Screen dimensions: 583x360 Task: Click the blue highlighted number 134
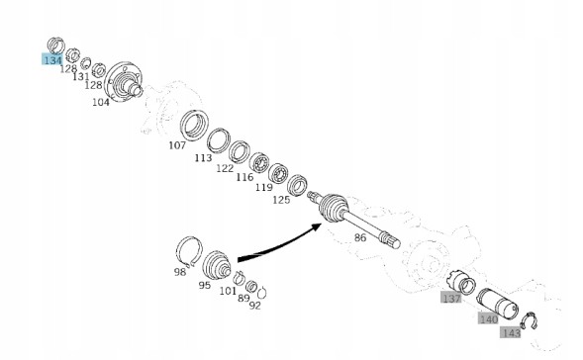[x=52, y=59]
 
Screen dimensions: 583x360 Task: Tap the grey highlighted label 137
[x=451, y=298]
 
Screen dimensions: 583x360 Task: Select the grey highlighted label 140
[x=488, y=318]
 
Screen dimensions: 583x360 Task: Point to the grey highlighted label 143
[x=511, y=332]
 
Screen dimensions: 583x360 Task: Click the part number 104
[x=101, y=102]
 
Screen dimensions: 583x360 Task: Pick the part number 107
[x=177, y=145]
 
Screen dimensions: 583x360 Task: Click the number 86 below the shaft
[x=360, y=237]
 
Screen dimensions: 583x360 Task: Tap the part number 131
[x=81, y=76]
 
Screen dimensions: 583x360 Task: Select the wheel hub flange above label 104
[x=124, y=82]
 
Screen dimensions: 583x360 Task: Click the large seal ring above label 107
[x=194, y=126]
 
